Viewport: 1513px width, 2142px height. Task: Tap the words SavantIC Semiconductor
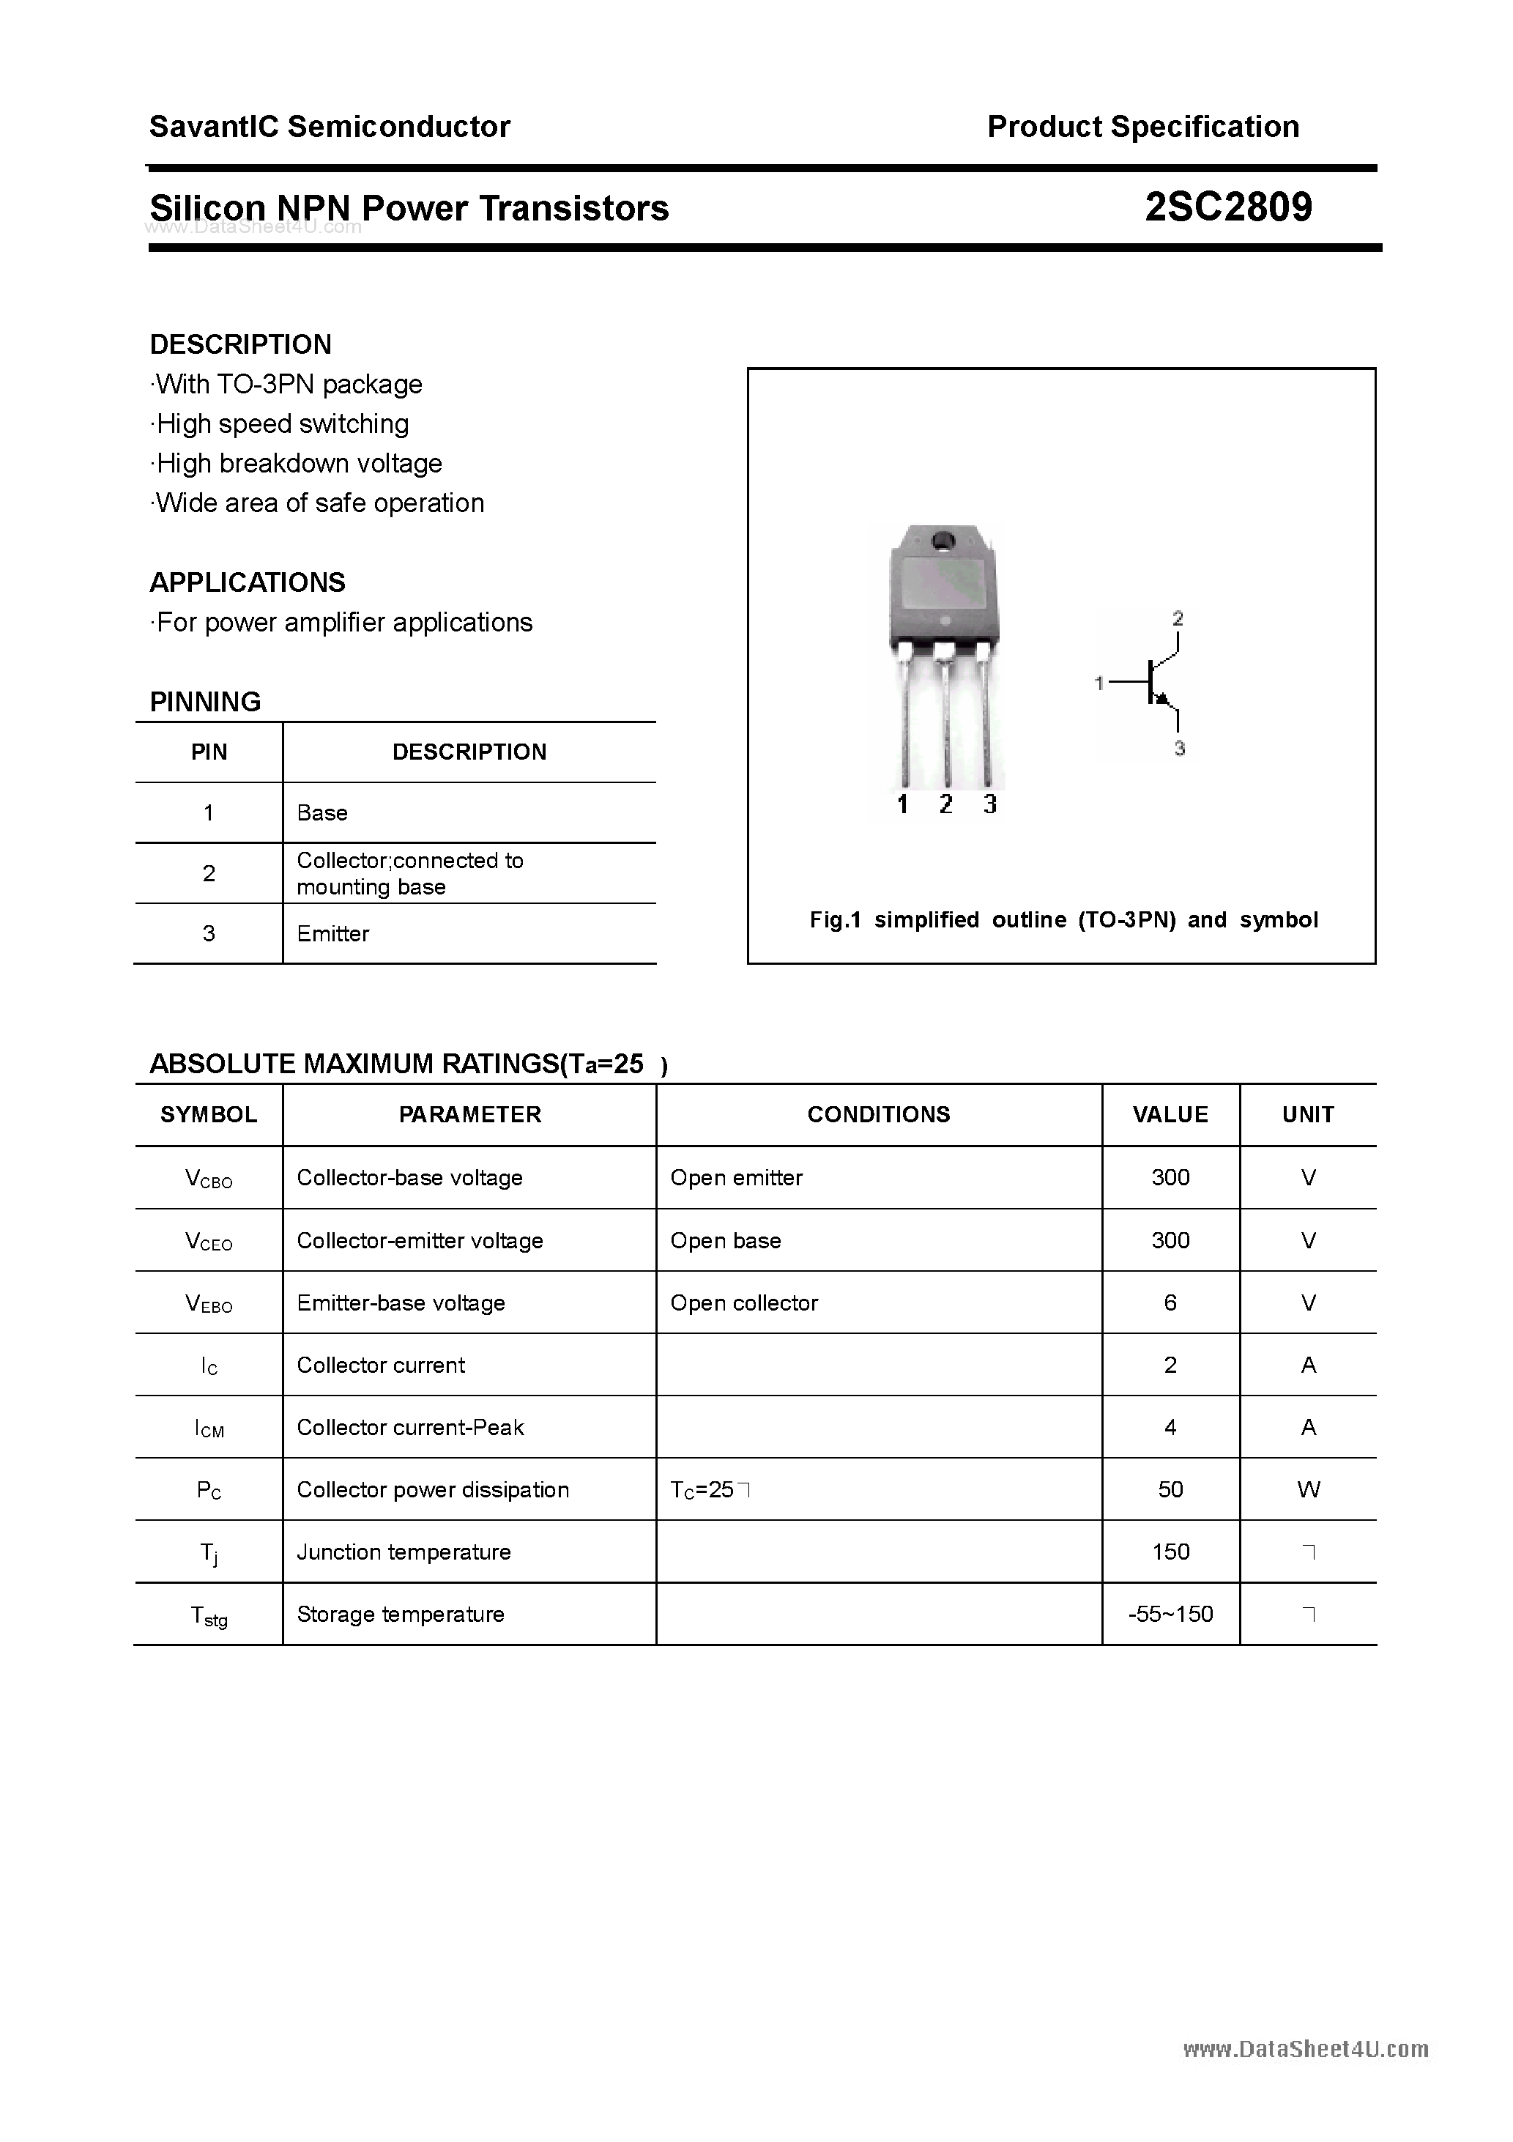[x=330, y=127]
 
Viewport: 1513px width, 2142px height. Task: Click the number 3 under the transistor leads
[x=989, y=804]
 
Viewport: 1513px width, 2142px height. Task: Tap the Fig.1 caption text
[x=1063, y=920]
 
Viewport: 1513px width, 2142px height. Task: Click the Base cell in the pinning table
[x=321, y=812]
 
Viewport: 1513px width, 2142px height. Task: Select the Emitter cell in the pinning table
[x=333, y=934]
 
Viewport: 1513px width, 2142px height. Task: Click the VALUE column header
[x=1170, y=1114]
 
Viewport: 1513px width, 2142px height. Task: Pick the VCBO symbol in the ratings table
[x=209, y=1178]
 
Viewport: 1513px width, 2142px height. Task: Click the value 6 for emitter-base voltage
[x=1170, y=1302]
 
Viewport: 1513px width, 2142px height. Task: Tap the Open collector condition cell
[x=743, y=1302]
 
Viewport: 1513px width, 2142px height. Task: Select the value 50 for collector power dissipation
[x=1170, y=1490]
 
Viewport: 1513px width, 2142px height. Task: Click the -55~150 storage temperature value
[x=1170, y=1614]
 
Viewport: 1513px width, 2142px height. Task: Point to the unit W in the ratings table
[x=1308, y=1490]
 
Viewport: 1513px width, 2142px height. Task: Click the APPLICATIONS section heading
[x=248, y=582]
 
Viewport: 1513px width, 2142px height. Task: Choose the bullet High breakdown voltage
[x=299, y=464]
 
